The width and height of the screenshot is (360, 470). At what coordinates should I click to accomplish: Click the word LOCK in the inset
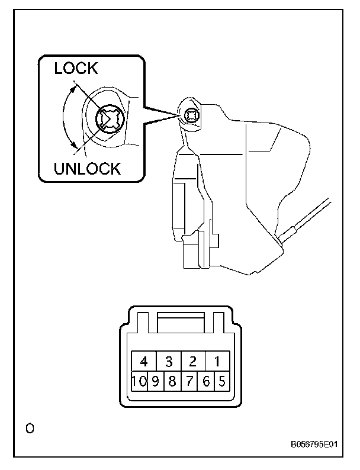click(76, 68)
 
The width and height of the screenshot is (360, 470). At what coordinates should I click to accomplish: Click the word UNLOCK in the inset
click(88, 168)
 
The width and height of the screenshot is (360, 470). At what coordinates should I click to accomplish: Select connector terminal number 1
click(217, 360)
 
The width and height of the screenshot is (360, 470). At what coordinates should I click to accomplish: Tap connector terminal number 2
click(192, 360)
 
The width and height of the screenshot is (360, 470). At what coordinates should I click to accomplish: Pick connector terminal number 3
click(168, 360)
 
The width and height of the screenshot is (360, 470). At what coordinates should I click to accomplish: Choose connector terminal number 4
click(143, 360)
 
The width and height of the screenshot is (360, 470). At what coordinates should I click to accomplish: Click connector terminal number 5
click(221, 381)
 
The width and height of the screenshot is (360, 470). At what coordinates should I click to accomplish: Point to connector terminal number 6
click(205, 381)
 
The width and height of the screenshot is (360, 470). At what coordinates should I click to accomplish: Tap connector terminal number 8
click(172, 381)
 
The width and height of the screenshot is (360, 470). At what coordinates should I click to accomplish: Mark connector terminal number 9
click(155, 381)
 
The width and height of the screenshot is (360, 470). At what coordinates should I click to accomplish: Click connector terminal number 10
click(139, 381)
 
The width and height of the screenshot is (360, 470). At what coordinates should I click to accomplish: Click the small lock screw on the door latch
click(191, 115)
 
